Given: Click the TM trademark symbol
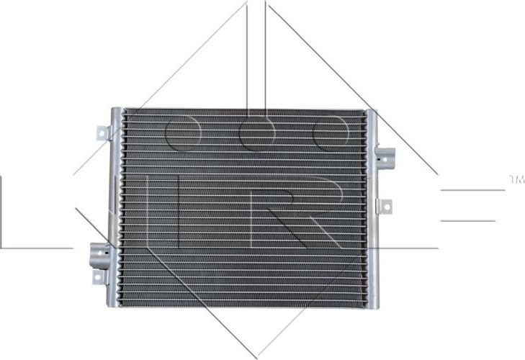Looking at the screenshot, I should coord(516,177).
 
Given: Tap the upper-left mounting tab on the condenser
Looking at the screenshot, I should coord(102,133).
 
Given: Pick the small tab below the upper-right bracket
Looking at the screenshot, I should coord(385,207).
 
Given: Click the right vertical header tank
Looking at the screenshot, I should coord(371,209).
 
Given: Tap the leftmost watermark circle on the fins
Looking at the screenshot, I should coord(182,133).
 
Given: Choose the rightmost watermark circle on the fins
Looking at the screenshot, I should coord(331,133).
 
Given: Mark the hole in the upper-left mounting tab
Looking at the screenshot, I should coord(102,133).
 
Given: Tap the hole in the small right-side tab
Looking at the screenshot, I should coord(387,207).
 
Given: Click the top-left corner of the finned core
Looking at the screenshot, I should coord(123,112).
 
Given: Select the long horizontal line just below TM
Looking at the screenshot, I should coord(472,190).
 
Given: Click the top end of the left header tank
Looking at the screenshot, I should coord(115,111).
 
